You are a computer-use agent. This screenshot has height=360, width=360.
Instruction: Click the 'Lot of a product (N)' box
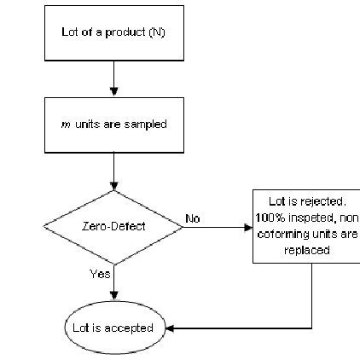tap(113, 32)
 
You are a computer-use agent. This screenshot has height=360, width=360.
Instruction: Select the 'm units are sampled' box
tap(113, 124)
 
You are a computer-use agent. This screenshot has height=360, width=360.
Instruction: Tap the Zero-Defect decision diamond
tap(113, 226)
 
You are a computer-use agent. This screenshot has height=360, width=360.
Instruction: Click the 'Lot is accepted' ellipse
tap(113, 328)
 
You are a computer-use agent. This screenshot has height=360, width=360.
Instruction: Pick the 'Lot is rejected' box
tap(306, 226)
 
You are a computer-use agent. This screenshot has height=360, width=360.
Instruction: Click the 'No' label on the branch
tap(193, 219)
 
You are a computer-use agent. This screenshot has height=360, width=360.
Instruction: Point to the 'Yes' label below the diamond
tap(100, 274)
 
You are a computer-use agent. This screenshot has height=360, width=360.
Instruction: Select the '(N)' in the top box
tap(157, 32)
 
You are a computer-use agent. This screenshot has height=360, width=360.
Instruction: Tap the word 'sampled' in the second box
tap(148, 124)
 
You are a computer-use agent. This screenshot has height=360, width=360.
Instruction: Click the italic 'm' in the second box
tap(67, 124)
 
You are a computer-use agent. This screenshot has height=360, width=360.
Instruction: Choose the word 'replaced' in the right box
tap(307, 251)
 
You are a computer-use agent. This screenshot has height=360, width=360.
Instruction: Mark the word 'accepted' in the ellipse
tap(133, 328)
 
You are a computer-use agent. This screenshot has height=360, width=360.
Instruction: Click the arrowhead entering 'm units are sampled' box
tap(113, 92)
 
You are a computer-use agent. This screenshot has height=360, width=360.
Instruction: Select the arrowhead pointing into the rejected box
tap(248, 228)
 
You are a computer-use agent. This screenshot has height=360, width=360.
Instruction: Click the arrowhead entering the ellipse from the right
tap(169, 328)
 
